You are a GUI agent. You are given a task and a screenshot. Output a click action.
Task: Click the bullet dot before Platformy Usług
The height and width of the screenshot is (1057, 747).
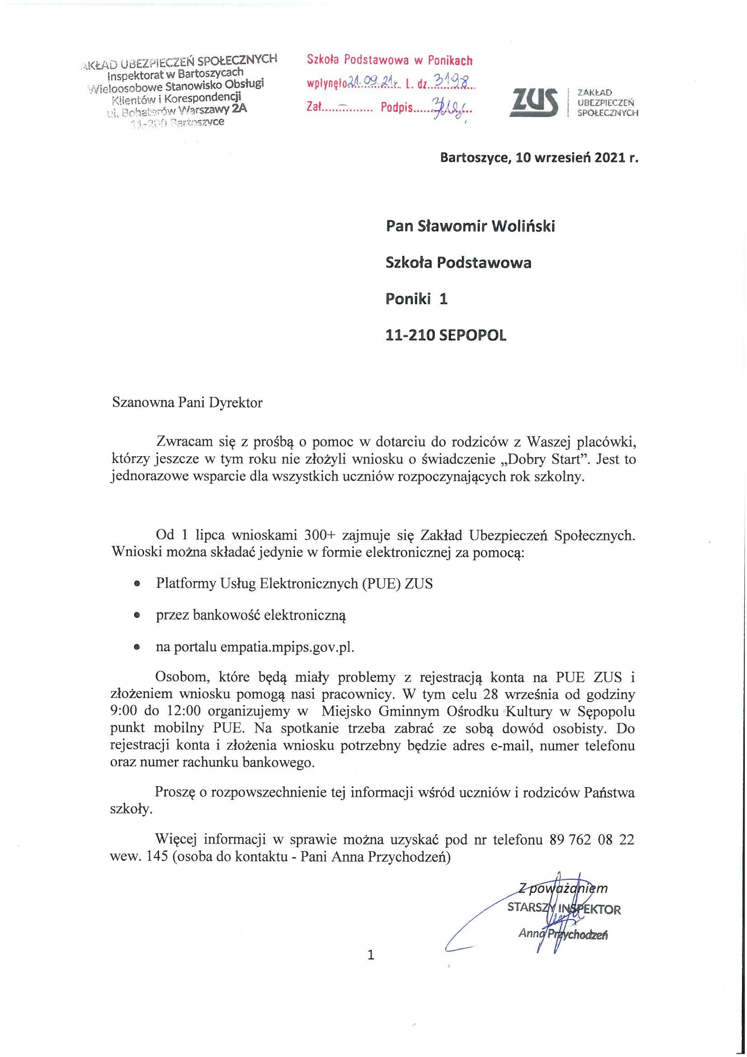click(x=136, y=584)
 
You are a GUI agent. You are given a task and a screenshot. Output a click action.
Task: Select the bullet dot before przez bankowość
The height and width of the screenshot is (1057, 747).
click(x=136, y=615)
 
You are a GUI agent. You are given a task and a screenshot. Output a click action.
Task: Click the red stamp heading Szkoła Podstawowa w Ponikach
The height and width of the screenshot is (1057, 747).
click(x=390, y=60)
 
